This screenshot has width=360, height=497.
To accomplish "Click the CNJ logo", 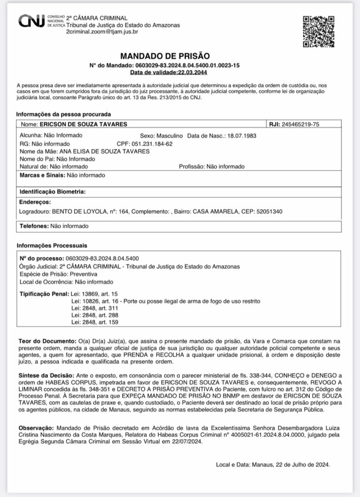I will click(32, 21).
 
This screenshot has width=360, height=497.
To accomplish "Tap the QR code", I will click(318, 31).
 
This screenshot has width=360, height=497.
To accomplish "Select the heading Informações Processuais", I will click(52, 246).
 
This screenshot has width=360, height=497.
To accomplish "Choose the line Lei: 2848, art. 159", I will click(96, 322).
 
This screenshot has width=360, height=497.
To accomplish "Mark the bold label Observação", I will click(35, 429).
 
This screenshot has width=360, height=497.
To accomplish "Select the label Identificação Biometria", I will click(52, 192).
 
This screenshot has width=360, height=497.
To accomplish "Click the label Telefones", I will click(34, 226).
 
